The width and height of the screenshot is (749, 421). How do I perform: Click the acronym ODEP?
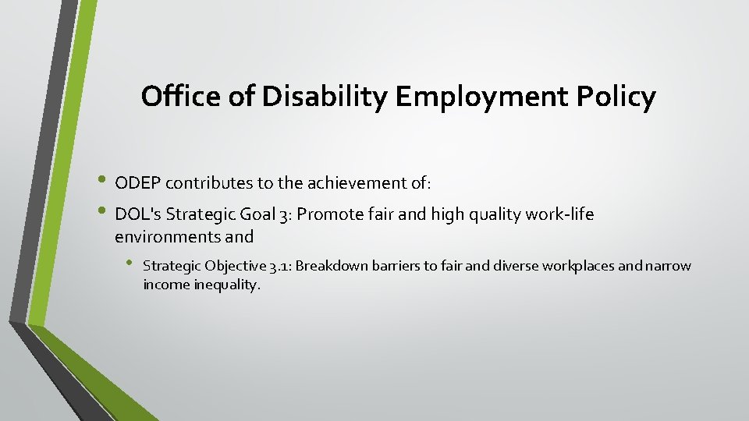point(137,183)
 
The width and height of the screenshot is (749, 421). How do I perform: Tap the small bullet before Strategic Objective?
point(130,265)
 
